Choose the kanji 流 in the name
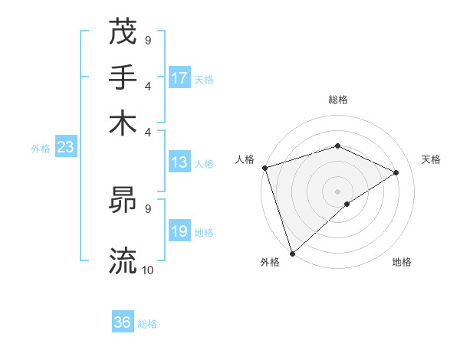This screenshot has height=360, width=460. point(123,260)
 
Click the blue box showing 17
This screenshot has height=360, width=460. point(179,78)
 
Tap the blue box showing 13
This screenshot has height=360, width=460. point(179,162)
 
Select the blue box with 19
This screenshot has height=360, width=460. point(179,231)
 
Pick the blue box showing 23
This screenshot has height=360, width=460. point(65,148)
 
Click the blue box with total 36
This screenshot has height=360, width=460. point(123,322)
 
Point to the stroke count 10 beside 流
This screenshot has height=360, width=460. point(148,270)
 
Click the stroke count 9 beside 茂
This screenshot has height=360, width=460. point(147,40)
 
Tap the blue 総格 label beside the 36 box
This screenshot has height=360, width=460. point(147,324)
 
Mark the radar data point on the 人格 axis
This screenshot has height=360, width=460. point(264,168)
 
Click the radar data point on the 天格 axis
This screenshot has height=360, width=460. point(396,172)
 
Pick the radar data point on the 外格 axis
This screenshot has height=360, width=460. point(292,254)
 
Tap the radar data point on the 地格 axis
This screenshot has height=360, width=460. point(347,204)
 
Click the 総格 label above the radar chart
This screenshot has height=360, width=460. point(337,100)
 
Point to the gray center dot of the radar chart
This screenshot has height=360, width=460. point(337,191)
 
